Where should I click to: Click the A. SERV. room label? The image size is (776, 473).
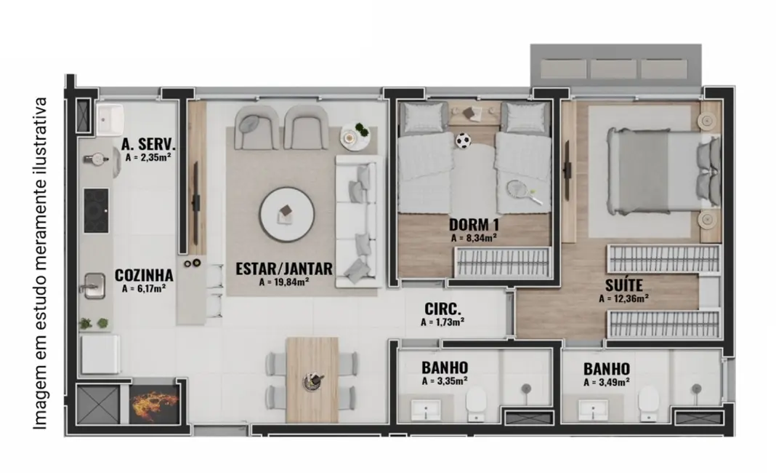click(150, 143)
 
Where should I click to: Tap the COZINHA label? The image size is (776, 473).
click(144, 276)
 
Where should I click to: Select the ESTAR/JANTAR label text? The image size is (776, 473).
click(284, 269)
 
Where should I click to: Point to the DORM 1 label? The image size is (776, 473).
click(473, 225)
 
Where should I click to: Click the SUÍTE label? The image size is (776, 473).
click(623, 285)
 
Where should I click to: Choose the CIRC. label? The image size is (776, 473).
click(442, 309)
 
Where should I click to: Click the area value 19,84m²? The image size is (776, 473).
click(285, 282)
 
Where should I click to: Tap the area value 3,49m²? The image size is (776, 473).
click(606, 381)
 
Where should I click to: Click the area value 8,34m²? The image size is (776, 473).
click(473, 237)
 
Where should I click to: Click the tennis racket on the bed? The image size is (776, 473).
click(520, 190)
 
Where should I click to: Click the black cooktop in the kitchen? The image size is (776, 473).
click(96, 210)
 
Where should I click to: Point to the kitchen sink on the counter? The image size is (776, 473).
click(94, 285)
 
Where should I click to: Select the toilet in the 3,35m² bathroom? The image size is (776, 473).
click(477, 402)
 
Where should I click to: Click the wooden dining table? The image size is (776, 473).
click(312, 379)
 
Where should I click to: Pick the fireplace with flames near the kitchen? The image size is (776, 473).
click(154, 404)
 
